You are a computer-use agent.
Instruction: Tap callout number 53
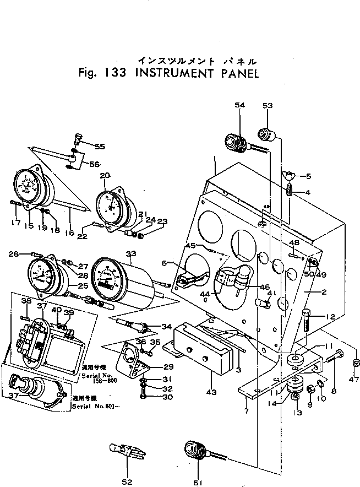pos(268,105)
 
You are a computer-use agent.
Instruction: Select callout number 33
pos(130,254)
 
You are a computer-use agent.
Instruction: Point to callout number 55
pos(100,147)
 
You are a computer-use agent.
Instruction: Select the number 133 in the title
pos(112,73)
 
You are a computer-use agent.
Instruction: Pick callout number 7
pos(246,411)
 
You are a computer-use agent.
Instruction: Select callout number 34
pos(167,326)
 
